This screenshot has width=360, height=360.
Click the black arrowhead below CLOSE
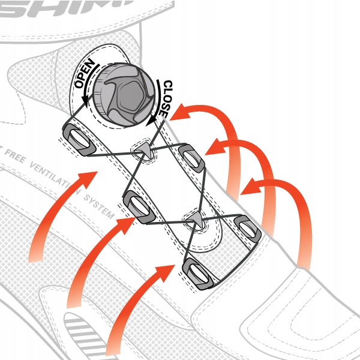(150, 121)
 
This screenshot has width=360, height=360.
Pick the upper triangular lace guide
(144, 151)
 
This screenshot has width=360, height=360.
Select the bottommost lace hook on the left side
(197, 274)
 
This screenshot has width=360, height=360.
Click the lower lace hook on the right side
(247, 226)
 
